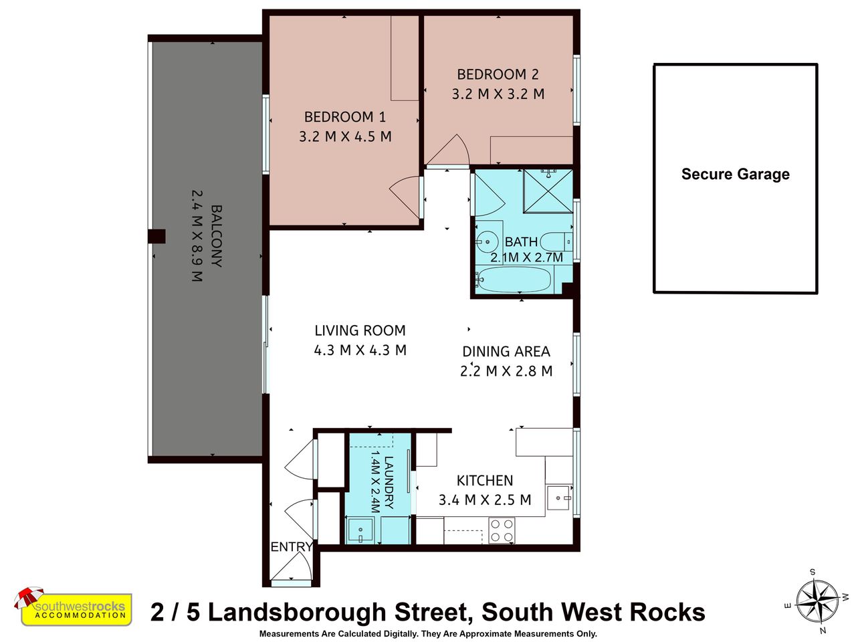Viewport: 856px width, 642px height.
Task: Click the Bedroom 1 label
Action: [x=344, y=117]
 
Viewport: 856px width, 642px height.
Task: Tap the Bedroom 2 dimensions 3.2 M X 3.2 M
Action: [x=498, y=94]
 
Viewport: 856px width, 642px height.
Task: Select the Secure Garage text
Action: [x=735, y=174]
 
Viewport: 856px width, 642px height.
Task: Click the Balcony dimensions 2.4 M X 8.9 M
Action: [x=197, y=236]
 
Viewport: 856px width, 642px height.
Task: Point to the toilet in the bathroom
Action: [x=556, y=241]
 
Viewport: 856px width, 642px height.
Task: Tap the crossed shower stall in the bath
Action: [x=548, y=191]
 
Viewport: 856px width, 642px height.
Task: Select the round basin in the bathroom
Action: [x=487, y=241]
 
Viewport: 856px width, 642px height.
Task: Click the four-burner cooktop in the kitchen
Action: [x=502, y=530]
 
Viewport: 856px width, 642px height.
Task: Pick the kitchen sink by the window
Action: [x=559, y=498]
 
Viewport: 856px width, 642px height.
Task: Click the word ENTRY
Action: [x=292, y=546]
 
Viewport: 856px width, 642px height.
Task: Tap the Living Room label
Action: [x=360, y=330]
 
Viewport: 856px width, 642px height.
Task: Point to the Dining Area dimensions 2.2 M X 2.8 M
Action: [x=506, y=370]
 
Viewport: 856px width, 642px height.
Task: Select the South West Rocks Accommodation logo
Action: [x=74, y=607]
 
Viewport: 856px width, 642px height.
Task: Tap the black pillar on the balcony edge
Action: [x=156, y=236]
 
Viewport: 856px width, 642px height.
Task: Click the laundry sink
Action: [x=360, y=530]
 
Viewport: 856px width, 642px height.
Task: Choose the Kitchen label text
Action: [x=485, y=481]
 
